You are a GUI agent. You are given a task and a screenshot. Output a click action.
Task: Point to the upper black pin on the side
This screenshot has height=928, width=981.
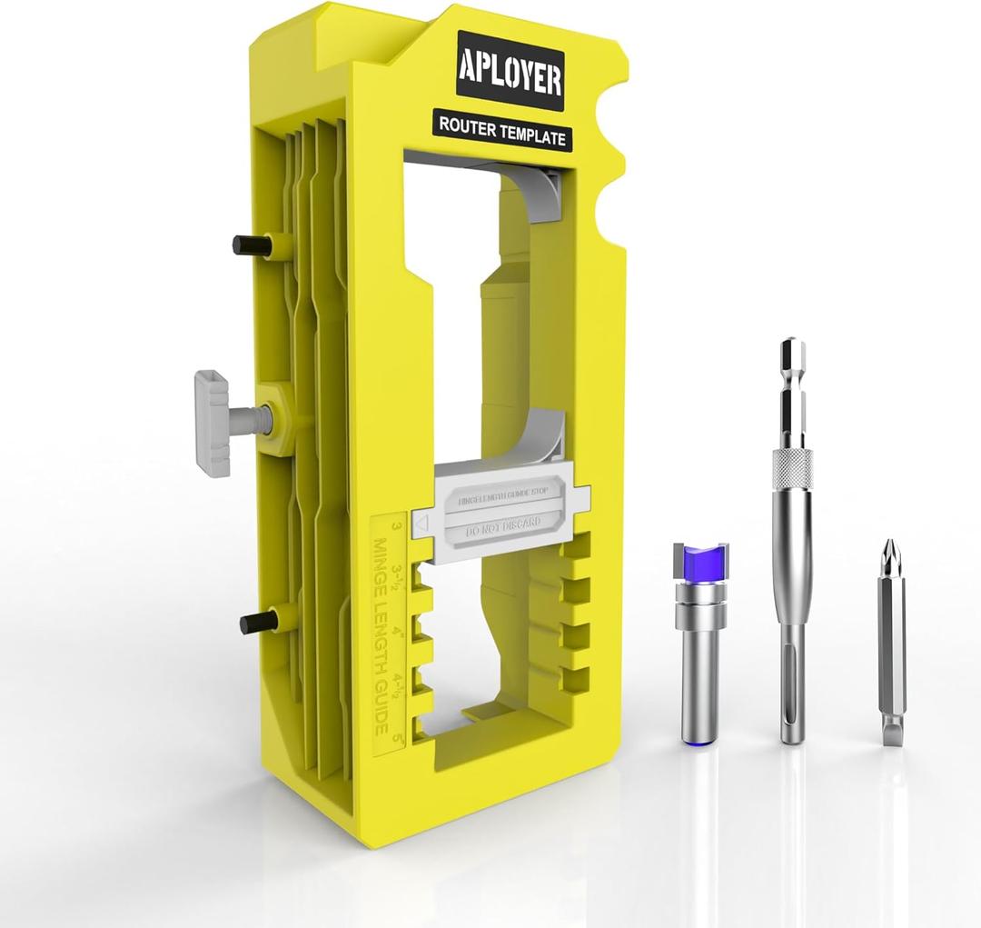250,244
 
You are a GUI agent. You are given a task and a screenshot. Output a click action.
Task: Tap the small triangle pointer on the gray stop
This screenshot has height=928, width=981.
421,524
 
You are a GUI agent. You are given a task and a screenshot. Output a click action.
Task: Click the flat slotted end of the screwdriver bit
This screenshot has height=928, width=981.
891,731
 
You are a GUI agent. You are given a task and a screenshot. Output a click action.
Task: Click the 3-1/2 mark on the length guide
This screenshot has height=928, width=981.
397,574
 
